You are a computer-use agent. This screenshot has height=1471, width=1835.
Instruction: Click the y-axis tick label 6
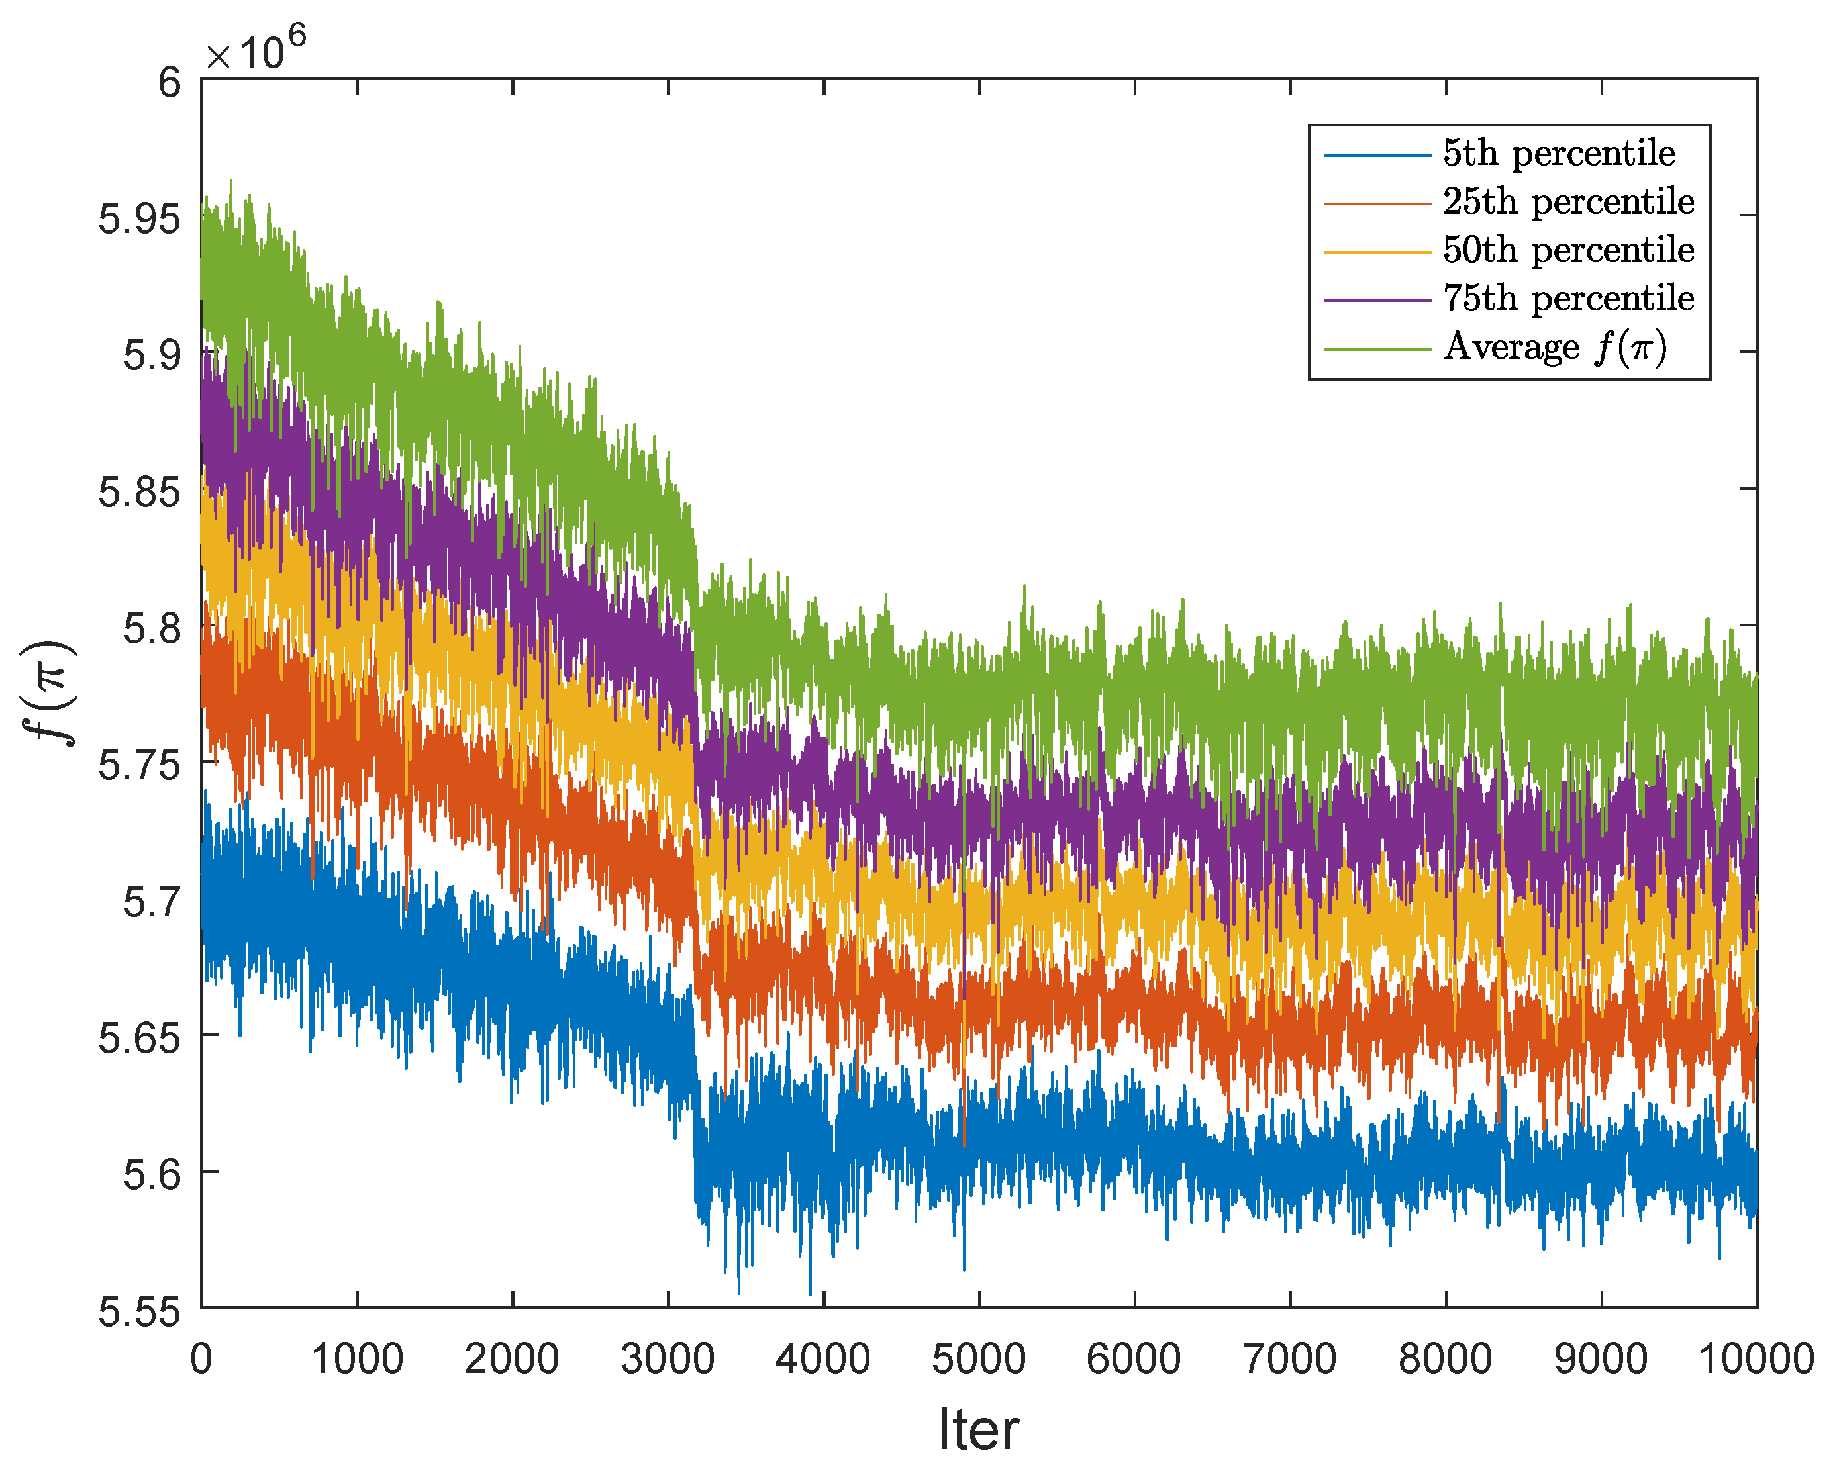[x=170, y=83]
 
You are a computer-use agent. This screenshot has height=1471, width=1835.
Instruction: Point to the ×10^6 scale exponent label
[x=256, y=51]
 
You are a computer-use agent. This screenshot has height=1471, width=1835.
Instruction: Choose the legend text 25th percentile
[x=1567, y=203]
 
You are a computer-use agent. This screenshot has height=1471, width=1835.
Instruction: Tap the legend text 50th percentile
[x=1567, y=251]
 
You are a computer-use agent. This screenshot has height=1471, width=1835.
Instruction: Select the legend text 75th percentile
[x=1567, y=299]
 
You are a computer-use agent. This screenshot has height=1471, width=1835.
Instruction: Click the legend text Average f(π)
[x=1554, y=347]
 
